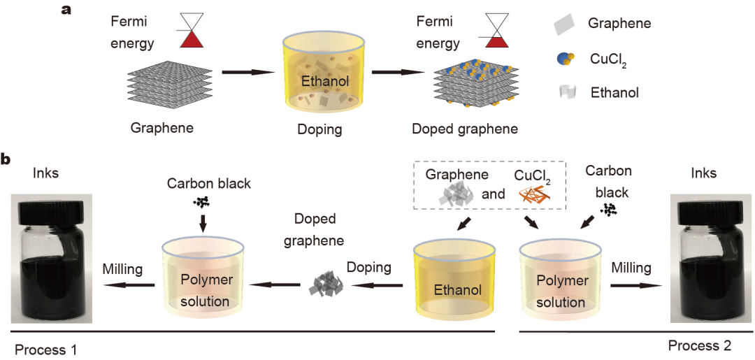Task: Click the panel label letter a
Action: pyautogui.click(x=68, y=10)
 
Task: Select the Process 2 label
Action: pyautogui.click(x=700, y=345)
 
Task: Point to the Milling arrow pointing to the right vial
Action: pyautogui.click(x=636, y=285)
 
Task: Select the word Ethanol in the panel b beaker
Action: pyautogui.click(x=454, y=289)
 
